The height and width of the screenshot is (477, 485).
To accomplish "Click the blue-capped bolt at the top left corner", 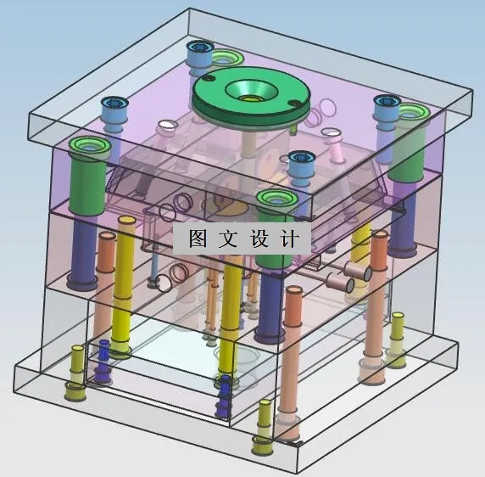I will pyautogui.click(x=113, y=110).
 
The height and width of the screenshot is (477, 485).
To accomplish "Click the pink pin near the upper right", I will pyautogui.click(x=336, y=149).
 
